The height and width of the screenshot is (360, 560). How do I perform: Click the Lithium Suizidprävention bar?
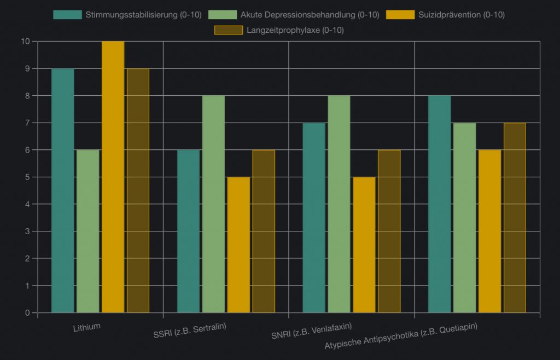click(113, 177)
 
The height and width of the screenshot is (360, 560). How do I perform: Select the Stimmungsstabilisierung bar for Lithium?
click(63, 190)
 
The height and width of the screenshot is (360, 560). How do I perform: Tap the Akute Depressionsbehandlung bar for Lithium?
click(88, 231)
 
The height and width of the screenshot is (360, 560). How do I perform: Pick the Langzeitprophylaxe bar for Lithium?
click(138, 190)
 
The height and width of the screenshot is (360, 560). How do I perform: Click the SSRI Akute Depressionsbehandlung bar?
click(213, 204)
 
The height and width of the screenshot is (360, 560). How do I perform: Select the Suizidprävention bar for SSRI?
click(238, 245)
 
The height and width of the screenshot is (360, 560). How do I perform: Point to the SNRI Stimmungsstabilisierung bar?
click(314, 218)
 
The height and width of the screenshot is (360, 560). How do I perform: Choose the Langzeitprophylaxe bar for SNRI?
click(389, 231)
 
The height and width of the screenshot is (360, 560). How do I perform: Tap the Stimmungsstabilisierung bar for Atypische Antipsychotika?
click(440, 204)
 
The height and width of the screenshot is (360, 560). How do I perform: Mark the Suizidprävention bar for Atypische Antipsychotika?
click(489, 231)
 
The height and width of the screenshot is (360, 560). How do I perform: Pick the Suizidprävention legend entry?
click(445, 15)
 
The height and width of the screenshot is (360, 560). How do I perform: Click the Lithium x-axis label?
click(87, 327)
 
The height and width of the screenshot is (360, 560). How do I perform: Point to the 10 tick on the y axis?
click(25, 42)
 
